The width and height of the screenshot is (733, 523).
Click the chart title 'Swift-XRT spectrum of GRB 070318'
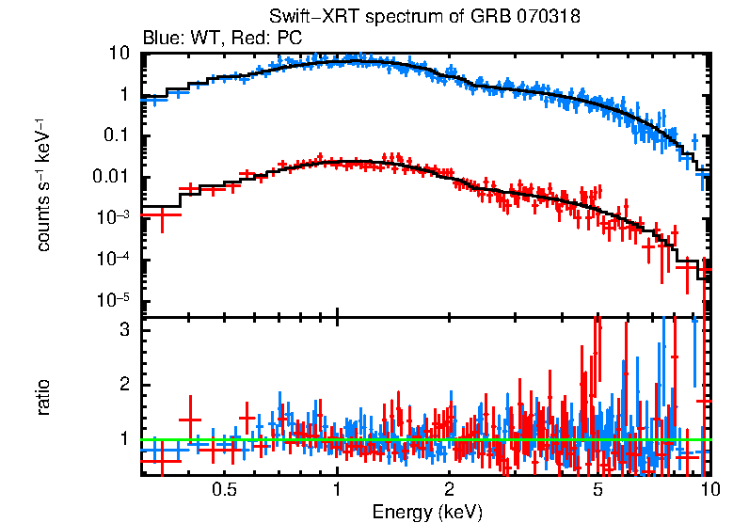click(x=424, y=18)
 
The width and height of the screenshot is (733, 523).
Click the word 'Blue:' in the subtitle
click(x=162, y=39)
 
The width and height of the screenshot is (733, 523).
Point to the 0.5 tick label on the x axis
click(x=223, y=490)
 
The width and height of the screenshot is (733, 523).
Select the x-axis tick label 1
click(x=337, y=490)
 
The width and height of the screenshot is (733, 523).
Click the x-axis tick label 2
click(x=450, y=490)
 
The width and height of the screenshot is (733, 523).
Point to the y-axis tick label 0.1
click(x=116, y=136)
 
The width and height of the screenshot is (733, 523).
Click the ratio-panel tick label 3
click(x=122, y=331)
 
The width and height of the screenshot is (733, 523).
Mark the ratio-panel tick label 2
click(x=122, y=385)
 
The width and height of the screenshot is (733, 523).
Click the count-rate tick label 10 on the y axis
click(x=119, y=54)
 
